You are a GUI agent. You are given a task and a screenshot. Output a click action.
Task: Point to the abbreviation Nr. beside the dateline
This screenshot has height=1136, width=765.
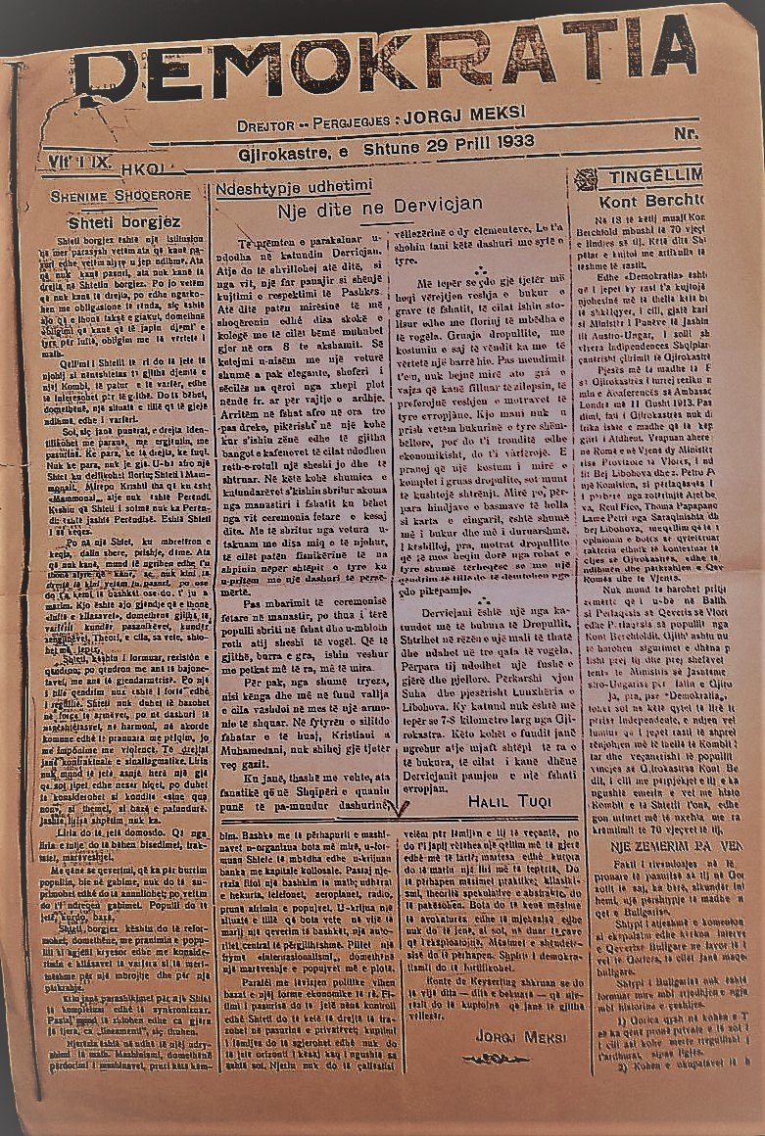(687, 133)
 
